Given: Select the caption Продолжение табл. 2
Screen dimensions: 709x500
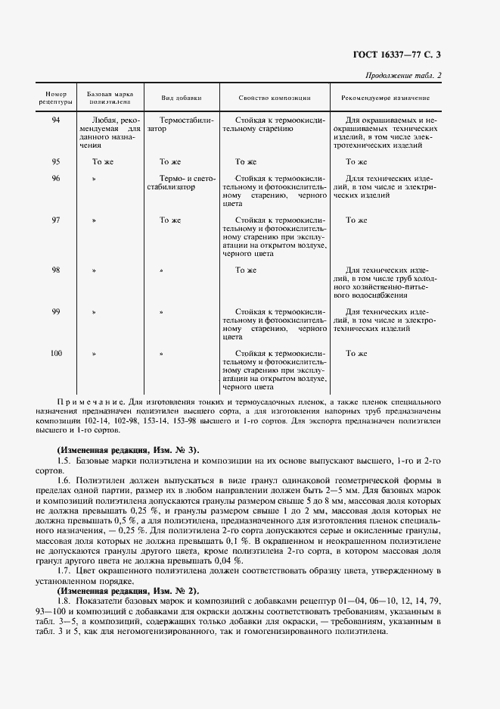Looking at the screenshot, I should pos(403,74).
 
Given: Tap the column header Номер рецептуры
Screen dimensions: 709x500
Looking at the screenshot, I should pos(57,97).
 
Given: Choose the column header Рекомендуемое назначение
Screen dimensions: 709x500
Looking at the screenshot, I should pos(386,98).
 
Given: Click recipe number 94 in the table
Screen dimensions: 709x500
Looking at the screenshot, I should pos(56,120).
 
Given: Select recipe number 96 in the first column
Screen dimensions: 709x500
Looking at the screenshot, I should pos(56,178).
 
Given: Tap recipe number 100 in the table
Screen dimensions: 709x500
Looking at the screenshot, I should pos(56,353).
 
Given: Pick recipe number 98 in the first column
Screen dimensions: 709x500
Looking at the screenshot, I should pos(56,270).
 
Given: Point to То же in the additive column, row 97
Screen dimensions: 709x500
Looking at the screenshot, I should pos(170,220).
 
